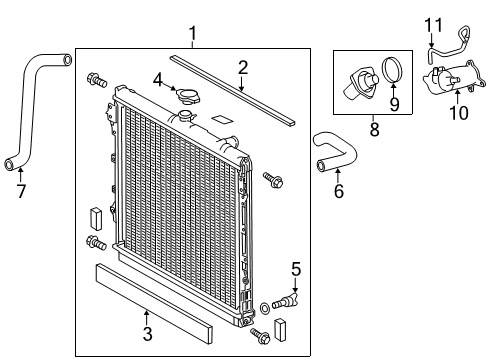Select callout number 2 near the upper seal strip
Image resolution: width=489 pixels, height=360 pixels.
[242, 68]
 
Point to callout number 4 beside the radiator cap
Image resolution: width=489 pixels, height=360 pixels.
[158, 79]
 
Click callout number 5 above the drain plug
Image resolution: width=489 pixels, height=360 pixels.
[295, 268]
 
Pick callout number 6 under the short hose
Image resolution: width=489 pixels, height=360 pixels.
[338, 191]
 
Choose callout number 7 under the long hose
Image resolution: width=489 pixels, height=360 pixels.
[20, 189]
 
